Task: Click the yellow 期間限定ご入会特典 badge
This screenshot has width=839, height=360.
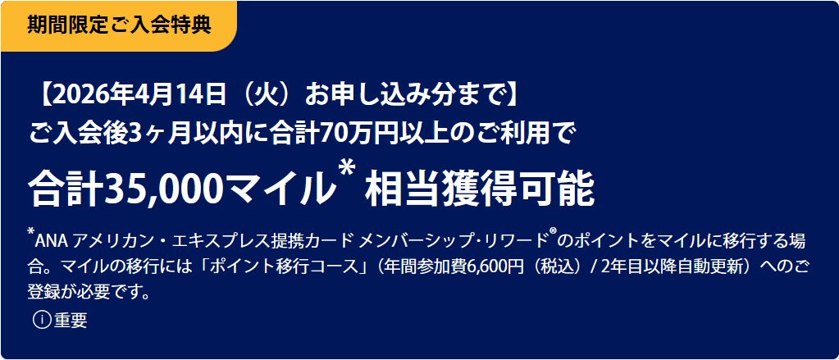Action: (118, 25)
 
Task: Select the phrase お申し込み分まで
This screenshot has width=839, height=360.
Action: (404, 97)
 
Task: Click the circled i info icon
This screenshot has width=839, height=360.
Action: (43, 320)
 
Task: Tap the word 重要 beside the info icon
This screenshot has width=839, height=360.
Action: (70, 320)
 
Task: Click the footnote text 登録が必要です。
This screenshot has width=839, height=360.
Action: (89, 293)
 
